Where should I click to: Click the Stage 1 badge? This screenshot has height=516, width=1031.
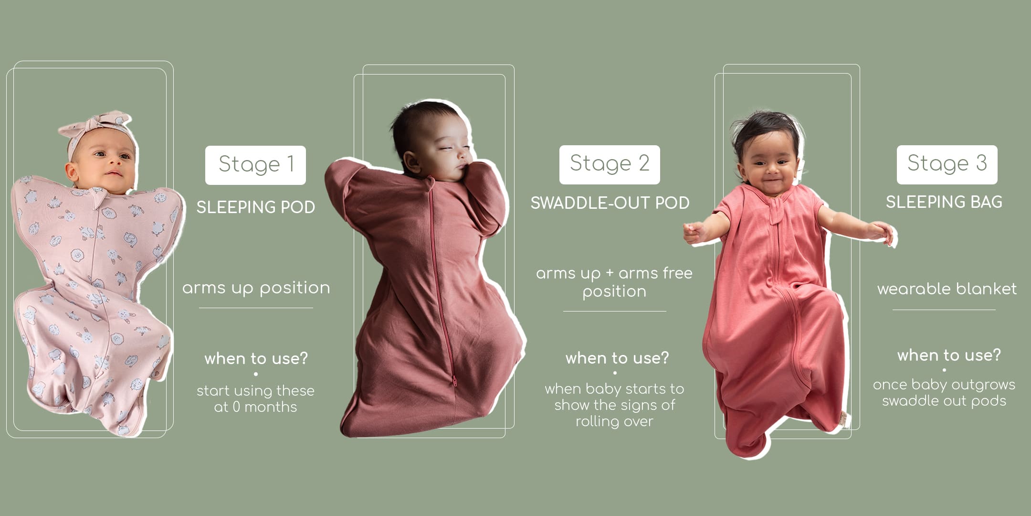[x=255, y=165]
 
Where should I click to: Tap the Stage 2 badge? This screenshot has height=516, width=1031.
[x=610, y=164]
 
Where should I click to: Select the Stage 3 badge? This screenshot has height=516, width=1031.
[x=947, y=164]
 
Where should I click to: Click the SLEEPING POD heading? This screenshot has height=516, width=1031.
[x=256, y=207]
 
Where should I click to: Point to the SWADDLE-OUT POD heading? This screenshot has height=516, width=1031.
[x=610, y=203]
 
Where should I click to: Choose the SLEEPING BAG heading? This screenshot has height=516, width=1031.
[x=944, y=202]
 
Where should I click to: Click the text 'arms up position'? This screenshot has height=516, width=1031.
[x=256, y=288]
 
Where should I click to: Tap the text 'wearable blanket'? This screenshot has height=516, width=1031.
[x=947, y=289]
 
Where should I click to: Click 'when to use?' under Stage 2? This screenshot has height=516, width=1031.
[x=617, y=358]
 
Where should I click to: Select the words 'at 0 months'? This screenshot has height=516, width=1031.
[x=255, y=407]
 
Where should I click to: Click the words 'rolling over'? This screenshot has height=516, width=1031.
[x=614, y=421]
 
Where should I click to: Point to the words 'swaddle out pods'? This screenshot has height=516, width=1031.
[x=944, y=401]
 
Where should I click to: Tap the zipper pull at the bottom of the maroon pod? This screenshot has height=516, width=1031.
[x=453, y=381]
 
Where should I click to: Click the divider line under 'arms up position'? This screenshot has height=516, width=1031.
[x=256, y=308]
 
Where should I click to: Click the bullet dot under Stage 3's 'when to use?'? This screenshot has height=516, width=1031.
[x=944, y=370]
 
